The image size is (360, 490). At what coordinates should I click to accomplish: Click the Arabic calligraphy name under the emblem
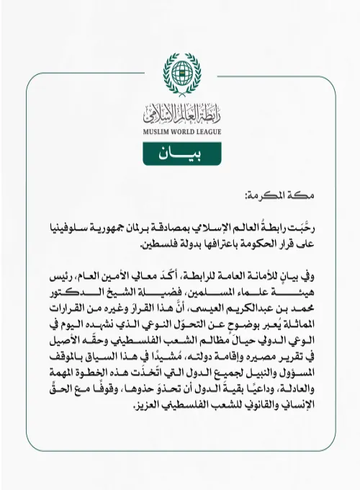coord(179,112)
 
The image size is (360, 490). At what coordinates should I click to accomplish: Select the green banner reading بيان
coord(179,153)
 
